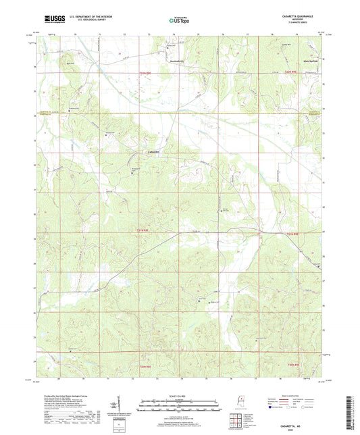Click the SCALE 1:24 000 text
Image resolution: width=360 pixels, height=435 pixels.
(179, 396)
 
